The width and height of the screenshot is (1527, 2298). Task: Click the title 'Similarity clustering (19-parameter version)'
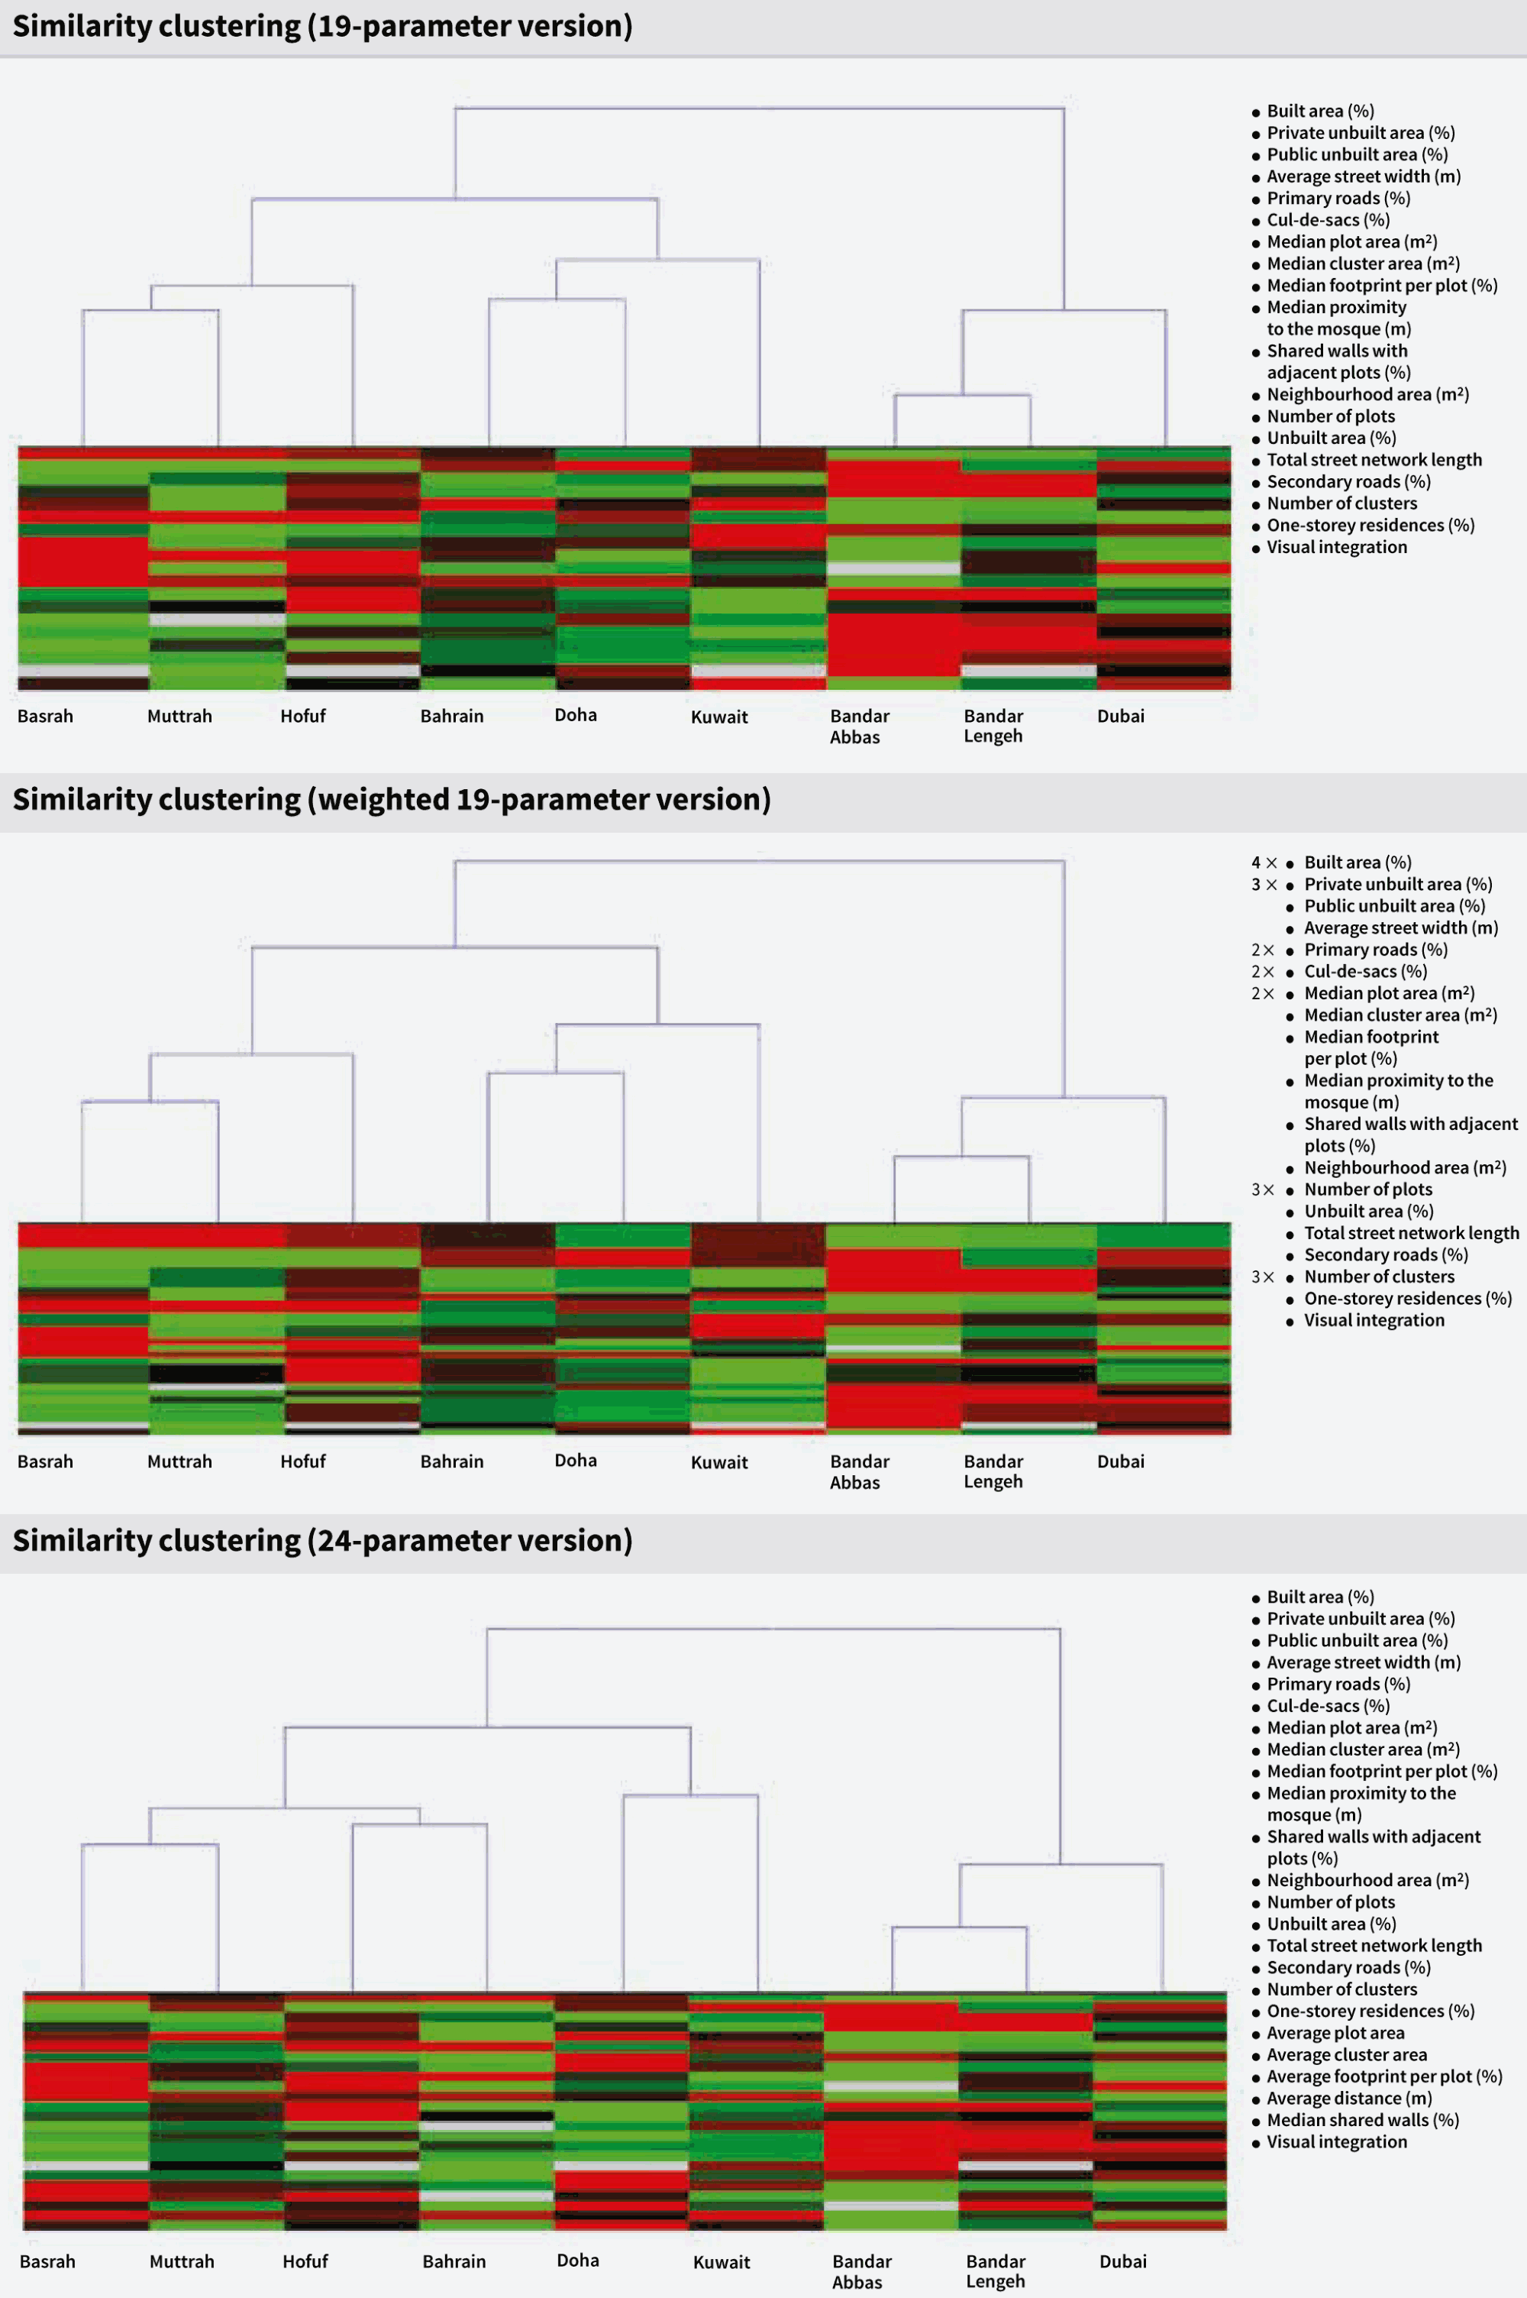click(322, 26)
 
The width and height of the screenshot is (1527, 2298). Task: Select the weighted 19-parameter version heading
click(392, 800)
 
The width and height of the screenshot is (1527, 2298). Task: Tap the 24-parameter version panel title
click(322, 1540)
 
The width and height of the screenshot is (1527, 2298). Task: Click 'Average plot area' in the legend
click(1335, 2033)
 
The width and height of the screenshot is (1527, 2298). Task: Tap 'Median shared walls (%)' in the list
click(1362, 2120)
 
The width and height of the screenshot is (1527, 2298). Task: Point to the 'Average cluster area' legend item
click(1347, 2054)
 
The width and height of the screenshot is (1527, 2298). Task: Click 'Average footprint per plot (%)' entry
click(1383, 2076)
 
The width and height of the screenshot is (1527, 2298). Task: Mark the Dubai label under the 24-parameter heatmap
click(1123, 2261)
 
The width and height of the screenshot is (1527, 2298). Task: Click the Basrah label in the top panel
click(46, 716)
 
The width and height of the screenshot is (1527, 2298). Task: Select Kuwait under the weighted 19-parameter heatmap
click(720, 1462)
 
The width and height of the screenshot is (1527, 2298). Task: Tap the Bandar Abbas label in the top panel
click(859, 727)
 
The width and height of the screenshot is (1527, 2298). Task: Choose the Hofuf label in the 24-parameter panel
click(305, 2261)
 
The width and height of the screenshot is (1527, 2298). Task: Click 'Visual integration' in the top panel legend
click(1336, 548)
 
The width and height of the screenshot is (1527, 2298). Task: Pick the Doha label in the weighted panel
click(576, 1460)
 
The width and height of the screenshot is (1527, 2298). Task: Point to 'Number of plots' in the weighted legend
click(1368, 1189)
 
